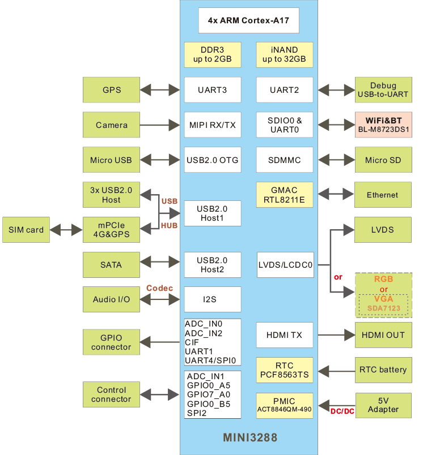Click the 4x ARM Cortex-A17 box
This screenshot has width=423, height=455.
tap(248, 20)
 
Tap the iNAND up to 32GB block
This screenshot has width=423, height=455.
tap(284, 54)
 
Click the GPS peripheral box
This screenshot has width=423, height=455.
tap(111, 90)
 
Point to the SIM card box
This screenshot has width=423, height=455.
tap(26, 230)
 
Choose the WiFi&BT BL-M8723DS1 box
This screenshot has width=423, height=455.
tap(383, 125)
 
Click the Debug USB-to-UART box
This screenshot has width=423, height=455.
tap(383, 90)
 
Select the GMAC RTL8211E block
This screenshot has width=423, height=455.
tap(284, 195)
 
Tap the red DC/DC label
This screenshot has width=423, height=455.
tap(342, 411)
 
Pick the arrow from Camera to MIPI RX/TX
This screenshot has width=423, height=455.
tap(161, 125)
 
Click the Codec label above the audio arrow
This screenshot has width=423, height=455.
tap(159, 288)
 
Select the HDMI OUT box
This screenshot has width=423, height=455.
tap(383, 335)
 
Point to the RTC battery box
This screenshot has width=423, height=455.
tap(383, 370)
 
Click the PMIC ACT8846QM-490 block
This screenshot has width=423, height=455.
tap(284, 405)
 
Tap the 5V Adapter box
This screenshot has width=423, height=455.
tap(383, 405)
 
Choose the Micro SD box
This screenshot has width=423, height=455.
tap(383, 160)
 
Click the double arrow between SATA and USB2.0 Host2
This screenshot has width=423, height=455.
tap(161, 264)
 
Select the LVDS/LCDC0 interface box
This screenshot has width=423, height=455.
tap(286, 264)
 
